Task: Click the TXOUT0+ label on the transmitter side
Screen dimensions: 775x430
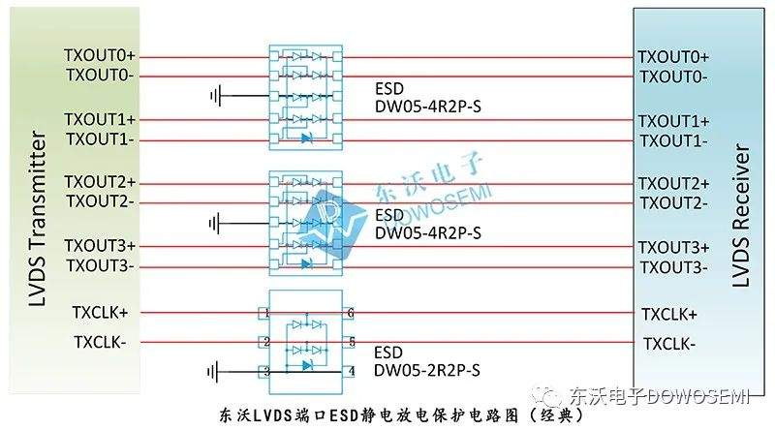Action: (x=100, y=55)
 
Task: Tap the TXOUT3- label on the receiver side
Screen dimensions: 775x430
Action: (x=673, y=267)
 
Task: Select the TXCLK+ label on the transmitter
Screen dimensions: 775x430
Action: (x=100, y=313)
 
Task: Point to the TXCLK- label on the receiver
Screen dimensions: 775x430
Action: (x=669, y=344)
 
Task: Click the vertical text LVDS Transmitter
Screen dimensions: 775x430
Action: (x=38, y=218)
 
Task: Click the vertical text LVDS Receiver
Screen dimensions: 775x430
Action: (x=740, y=216)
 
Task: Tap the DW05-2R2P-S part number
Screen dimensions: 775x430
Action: (x=426, y=370)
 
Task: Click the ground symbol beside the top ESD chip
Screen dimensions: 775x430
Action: (x=216, y=95)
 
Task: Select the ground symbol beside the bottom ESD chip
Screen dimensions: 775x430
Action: (x=213, y=372)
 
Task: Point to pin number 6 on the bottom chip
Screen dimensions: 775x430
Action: (x=351, y=313)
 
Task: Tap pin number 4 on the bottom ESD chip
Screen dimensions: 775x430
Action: (x=352, y=371)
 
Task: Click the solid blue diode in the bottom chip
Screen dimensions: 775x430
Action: (x=307, y=366)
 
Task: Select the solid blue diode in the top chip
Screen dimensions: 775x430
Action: (x=307, y=138)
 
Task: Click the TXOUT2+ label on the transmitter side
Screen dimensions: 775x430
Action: (x=100, y=182)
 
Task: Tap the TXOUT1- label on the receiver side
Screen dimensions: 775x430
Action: (x=673, y=141)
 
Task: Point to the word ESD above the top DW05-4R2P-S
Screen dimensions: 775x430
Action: (x=389, y=89)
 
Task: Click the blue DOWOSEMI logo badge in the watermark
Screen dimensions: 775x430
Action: (x=331, y=224)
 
